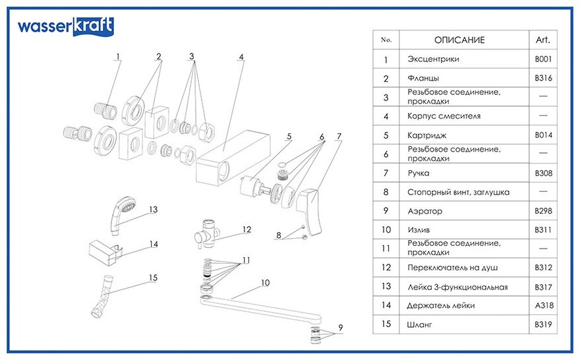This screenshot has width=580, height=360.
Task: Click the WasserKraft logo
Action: [x=65, y=27]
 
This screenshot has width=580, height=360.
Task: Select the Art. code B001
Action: [x=543, y=59]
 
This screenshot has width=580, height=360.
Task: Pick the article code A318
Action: [x=543, y=305]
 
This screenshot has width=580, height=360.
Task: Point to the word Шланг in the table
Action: [x=420, y=324]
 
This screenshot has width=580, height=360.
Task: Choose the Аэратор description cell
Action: [x=425, y=211]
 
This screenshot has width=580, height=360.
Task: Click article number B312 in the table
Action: [x=543, y=268]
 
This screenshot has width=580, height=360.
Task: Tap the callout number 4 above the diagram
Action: [x=241, y=57]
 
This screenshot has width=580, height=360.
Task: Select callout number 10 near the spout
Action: [x=266, y=283]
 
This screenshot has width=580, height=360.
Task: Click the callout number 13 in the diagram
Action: [x=153, y=210]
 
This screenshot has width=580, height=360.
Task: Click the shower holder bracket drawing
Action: [x=105, y=250]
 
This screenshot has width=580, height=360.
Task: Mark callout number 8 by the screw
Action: [x=278, y=234]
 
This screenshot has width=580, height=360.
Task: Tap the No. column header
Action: [x=386, y=40]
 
